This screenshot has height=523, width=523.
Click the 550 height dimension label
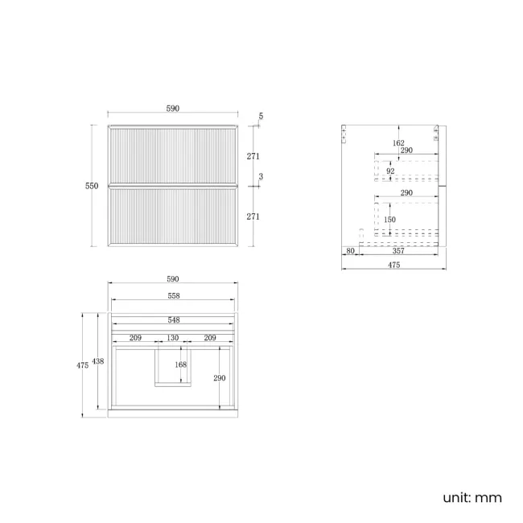click(x=92, y=186)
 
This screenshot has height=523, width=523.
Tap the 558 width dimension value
click(x=174, y=296)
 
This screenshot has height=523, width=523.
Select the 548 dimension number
click(x=174, y=320)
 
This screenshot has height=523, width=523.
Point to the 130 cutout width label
click(x=173, y=338)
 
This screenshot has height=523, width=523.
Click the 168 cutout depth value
click(x=181, y=364)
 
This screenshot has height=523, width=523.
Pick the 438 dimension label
click(x=98, y=361)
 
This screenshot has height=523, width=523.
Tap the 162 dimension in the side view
click(x=398, y=143)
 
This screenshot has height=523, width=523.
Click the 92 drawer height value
click(x=390, y=171)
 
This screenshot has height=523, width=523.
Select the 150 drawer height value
click(x=389, y=220)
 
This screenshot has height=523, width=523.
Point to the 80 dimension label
click(x=350, y=251)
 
